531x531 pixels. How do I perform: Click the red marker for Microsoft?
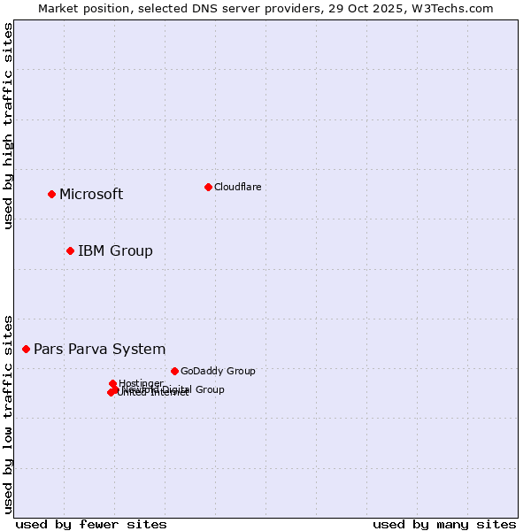(51, 194)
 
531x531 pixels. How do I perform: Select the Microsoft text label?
(91, 195)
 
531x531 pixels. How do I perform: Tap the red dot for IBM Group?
(70, 250)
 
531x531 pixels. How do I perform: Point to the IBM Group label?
(115, 251)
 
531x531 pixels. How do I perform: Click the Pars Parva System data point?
(26, 349)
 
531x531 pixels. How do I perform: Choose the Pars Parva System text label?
(99, 350)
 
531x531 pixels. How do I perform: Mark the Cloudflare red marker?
(208, 187)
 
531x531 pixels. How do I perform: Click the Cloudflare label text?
(237, 187)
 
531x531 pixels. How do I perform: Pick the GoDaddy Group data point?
(174, 371)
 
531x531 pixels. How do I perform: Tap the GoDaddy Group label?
(218, 371)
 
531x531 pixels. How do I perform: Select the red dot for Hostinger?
(112, 383)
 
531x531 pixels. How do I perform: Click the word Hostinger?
(141, 383)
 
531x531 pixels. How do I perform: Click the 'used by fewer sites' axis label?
(91, 524)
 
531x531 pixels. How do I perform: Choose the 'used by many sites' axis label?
(444, 524)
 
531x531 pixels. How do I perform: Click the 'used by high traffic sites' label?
(8, 126)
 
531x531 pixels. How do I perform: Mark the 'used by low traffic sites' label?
(8, 413)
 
